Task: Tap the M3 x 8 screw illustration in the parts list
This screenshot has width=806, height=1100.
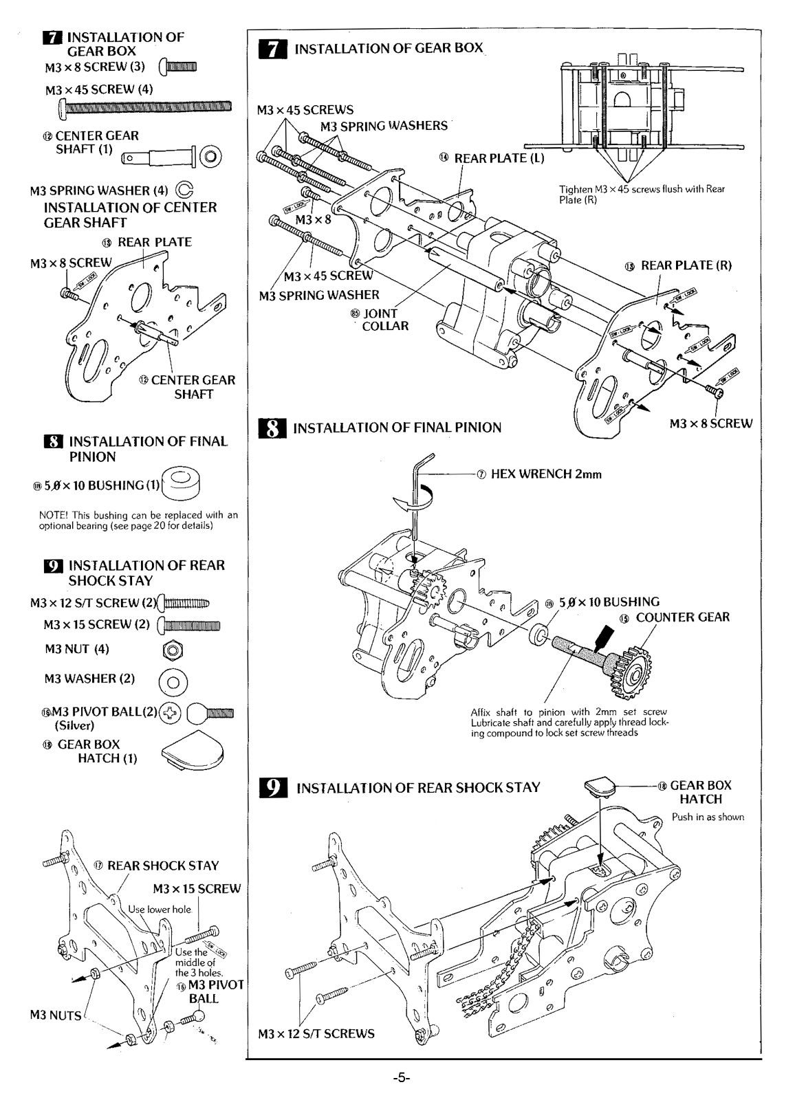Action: click(x=178, y=67)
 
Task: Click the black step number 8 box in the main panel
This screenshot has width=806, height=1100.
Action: click(x=271, y=428)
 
